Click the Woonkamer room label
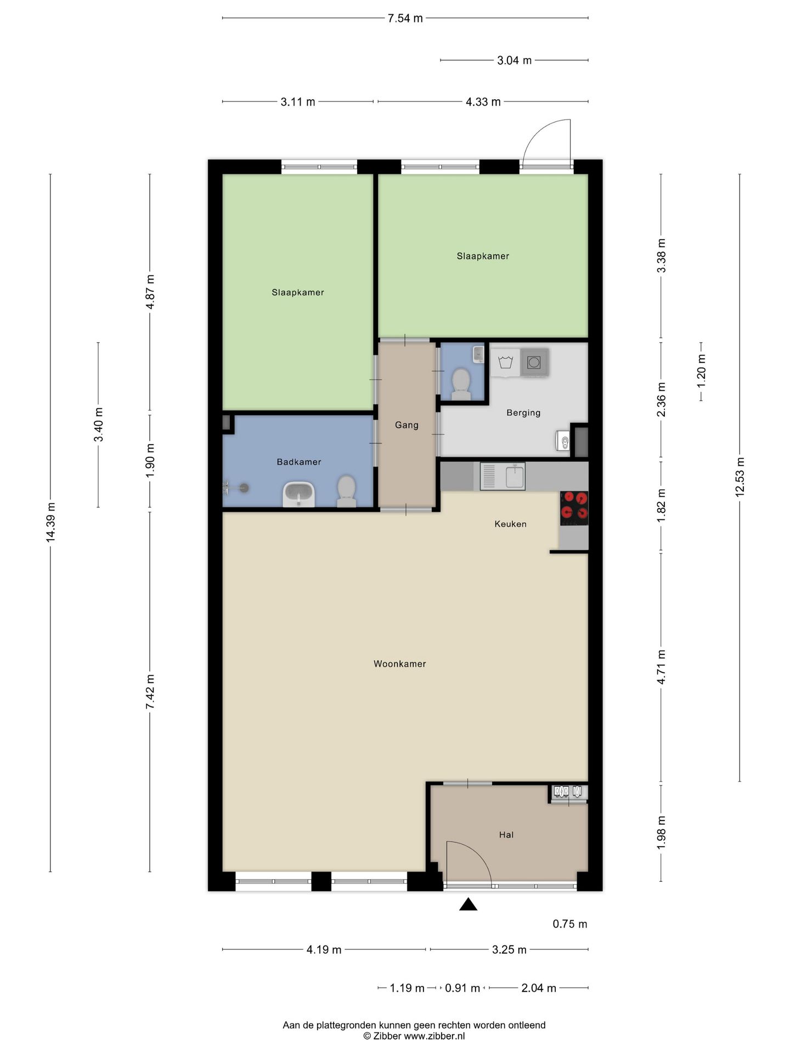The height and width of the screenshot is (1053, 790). click(x=399, y=664)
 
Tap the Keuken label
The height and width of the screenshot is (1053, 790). click(x=510, y=524)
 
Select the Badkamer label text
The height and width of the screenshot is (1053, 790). click(x=299, y=462)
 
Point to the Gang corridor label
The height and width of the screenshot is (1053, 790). click(x=407, y=425)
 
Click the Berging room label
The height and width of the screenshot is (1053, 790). click(x=523, y=413)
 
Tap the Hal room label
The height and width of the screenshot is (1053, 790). click(x=506, y=835)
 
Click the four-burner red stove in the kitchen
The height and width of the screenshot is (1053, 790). click(x=574, y=506)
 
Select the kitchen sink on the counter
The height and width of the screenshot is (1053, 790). click(x=503, y=476)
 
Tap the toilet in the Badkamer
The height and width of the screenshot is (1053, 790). click(x=346, y=491)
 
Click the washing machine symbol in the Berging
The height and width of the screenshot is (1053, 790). click(x=533, y=362)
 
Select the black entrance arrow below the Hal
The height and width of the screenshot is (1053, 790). click(x=468, y=904)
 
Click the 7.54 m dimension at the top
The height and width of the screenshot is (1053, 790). click(x=405, y=18)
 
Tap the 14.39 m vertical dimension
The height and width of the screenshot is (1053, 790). click(x=50, y=523)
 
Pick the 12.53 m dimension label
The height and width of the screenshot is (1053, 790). click(x=740, y=477)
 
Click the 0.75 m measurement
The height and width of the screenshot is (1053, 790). click(x=569, y=924)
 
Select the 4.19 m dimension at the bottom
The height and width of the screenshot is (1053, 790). click(x=324, y=950)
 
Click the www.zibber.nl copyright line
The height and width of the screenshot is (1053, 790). click(x=414, y=1036)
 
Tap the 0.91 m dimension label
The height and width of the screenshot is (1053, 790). click(x=462, y=988)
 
